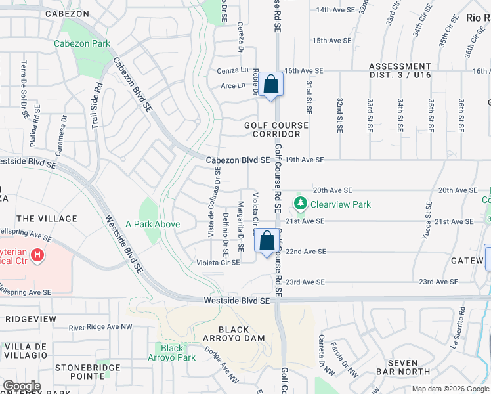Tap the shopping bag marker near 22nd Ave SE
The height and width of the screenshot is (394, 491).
pyautogui.click(x=267, y=241)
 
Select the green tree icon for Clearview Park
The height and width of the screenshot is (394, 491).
pyautogui.click(x=301, y=204)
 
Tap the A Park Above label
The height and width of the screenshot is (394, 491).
pyautogui.click(x=152, y=224)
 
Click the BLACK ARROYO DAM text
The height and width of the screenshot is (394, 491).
pyautogui.click(x=234, y=334)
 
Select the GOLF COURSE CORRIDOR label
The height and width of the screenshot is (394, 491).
pyautogui.click(x=276, y=129)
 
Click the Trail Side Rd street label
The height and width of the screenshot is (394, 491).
pyautogui.click(x=96, y=104)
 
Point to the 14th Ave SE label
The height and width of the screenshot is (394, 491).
pyautogui.click(x=333, y=11)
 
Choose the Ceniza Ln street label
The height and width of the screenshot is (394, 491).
pyautogui.click(x=232, y=71)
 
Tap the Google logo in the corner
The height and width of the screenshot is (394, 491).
pyautogui.click(x=22, y=385)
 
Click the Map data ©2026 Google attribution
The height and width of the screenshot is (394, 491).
pyautogui.click(x=450, y=389)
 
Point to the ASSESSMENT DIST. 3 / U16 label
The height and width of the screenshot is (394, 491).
pyautogui.click(x=400, y=71)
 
